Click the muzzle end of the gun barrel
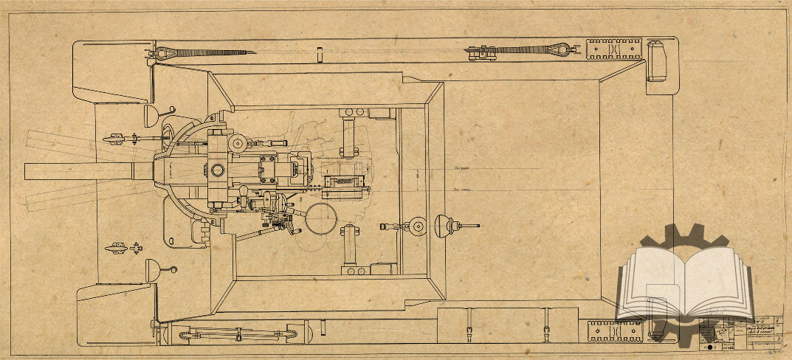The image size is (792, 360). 27,171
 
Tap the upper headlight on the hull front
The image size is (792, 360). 151,115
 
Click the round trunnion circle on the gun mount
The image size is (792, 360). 217,170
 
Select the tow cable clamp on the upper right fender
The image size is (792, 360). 481,52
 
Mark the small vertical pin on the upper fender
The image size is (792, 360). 320,55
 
